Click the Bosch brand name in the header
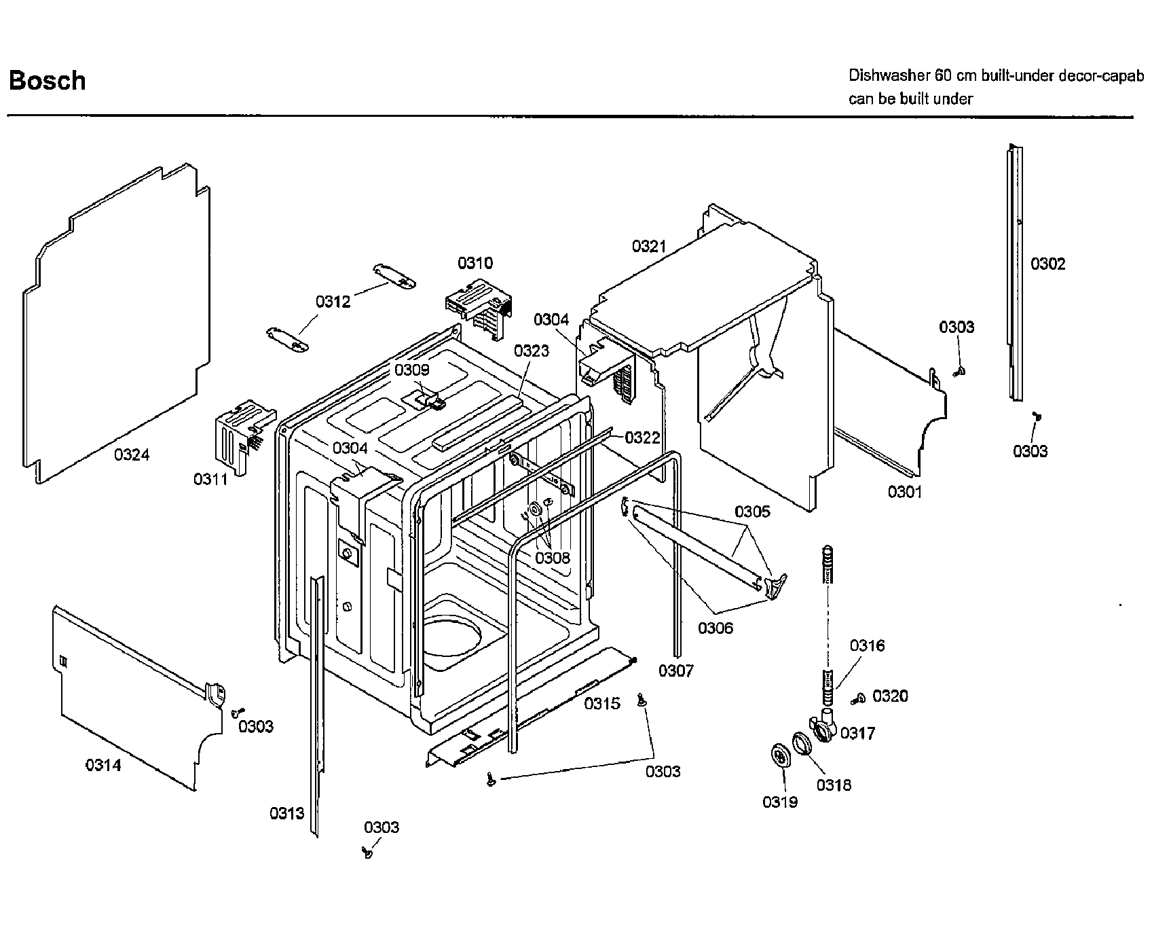tap(48, 81)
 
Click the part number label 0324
tap(132, 455)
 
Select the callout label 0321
tap(649, 246)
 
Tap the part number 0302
tap(1047, 264)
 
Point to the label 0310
tap(475, 263)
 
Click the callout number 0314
tap(103, 766)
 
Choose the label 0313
tap(286, 813)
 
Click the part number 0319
tap(780, 802)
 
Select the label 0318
tap(834, 785)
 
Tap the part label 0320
tap(890, 696)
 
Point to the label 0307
tap(675, 671)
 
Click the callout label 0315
tap(602, 704)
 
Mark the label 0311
tap(211, 480)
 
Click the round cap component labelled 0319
tap(782, 756)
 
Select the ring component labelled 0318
tap(801, 743)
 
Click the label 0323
tap(532, 351)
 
